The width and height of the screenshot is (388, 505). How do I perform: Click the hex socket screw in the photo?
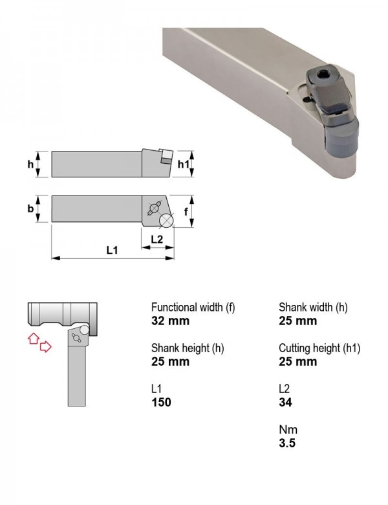(x=322, y=75)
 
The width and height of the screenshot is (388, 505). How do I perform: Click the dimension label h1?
(x=184, y=164)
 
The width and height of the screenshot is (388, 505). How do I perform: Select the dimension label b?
(x=30, y=208)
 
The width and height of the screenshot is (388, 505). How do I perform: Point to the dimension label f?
(x=186, y=212)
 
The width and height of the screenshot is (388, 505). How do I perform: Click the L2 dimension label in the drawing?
(x=157, y=239)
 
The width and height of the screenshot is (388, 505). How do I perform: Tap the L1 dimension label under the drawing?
(x=113, y=250)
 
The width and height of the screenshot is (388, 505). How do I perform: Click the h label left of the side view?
(x=30, y=164)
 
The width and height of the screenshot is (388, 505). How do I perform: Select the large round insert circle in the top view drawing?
(x=166, y=221)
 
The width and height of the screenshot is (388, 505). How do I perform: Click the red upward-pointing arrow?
(x=34, y=338)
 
